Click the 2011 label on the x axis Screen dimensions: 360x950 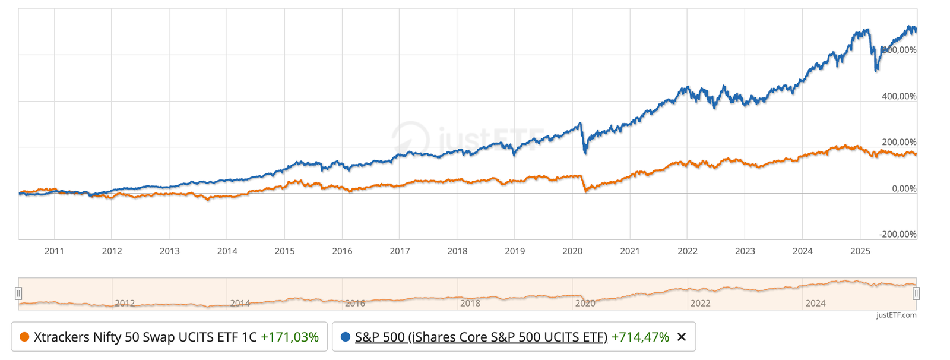[x=54, y=251]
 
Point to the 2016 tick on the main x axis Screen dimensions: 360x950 [x=342, y=251]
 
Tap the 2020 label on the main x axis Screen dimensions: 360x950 [x=572, y=251]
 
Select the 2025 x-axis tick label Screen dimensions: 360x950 [x=860, y=251]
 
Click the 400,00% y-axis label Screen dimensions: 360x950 [x=899, y=96]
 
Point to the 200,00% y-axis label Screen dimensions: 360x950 [x=899, y=142]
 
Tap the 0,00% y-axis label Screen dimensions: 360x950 [x=904, y=188]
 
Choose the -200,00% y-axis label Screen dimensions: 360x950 [x=898, y=234]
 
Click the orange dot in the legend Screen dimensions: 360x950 [x=24, y=337]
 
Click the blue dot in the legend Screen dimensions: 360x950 [x=345, y=337]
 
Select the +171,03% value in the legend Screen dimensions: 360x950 [x=290, y=337]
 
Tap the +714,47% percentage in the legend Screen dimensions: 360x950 [x=640, y=337]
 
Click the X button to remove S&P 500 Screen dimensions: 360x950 [x=682, y=337]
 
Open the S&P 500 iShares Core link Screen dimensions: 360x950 [x=481, y=337]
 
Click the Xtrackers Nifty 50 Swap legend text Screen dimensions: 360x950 [x=145, y=337]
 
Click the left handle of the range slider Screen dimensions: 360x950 [x=18, y=293]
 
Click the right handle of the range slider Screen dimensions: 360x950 [x=916, y=293]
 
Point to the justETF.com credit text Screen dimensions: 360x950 [x=896, y=315]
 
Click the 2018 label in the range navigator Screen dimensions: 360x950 [x=470, y=304]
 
